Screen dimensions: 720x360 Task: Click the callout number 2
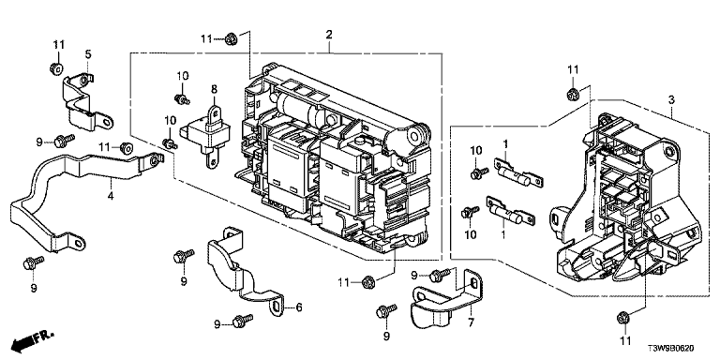coord(329,35)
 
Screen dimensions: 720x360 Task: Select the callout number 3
coord(671,99)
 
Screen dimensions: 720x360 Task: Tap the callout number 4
coord(111,196)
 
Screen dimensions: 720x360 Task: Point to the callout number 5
coord(88,54)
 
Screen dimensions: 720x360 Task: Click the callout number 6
coord(298,307)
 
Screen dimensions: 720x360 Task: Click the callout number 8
coord(214,89)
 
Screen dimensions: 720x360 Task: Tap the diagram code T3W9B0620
coord(673,350)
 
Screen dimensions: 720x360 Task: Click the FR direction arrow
coord(32,338)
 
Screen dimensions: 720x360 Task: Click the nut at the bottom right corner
coord(623,317)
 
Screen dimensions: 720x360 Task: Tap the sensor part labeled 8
coord(206,133)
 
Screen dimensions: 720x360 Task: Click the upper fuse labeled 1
coord(517,173)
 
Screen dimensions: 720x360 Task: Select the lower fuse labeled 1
coord(510,211)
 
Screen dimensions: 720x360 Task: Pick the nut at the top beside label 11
coord(232,39)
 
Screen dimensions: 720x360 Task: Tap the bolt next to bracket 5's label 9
coord(64,140)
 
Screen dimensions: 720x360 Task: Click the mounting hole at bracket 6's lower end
coord(276,307)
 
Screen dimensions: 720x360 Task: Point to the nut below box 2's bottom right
coord(367,282)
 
